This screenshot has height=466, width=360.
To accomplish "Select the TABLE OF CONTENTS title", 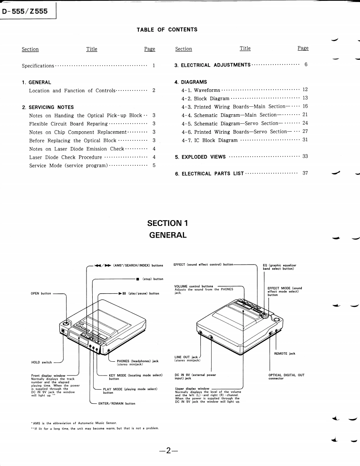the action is (x=167, y=29).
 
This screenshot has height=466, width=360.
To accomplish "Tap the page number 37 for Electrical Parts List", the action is (x=305, y=173).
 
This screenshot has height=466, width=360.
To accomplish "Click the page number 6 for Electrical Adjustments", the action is (x=306, y=65).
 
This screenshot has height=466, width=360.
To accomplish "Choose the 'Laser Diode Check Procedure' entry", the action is (x=65, y=157).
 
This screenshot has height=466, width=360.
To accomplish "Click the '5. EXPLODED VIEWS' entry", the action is (x=200, y=157).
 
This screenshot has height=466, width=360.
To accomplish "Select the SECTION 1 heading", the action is (x=168, y=223).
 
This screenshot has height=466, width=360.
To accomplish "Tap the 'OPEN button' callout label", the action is (x=41, y=294).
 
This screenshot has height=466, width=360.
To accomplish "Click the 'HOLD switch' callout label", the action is (x=42, y=362).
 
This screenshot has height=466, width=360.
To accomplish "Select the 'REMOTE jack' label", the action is (x=285, y=353).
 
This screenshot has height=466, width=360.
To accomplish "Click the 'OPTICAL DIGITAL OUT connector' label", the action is (x=286, y=377).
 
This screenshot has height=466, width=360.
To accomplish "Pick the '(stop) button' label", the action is (x=152, y=279).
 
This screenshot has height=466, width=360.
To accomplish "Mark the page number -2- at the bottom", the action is (x=168, y=450).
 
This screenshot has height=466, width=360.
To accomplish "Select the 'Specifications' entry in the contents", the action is (x=38, y=66).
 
